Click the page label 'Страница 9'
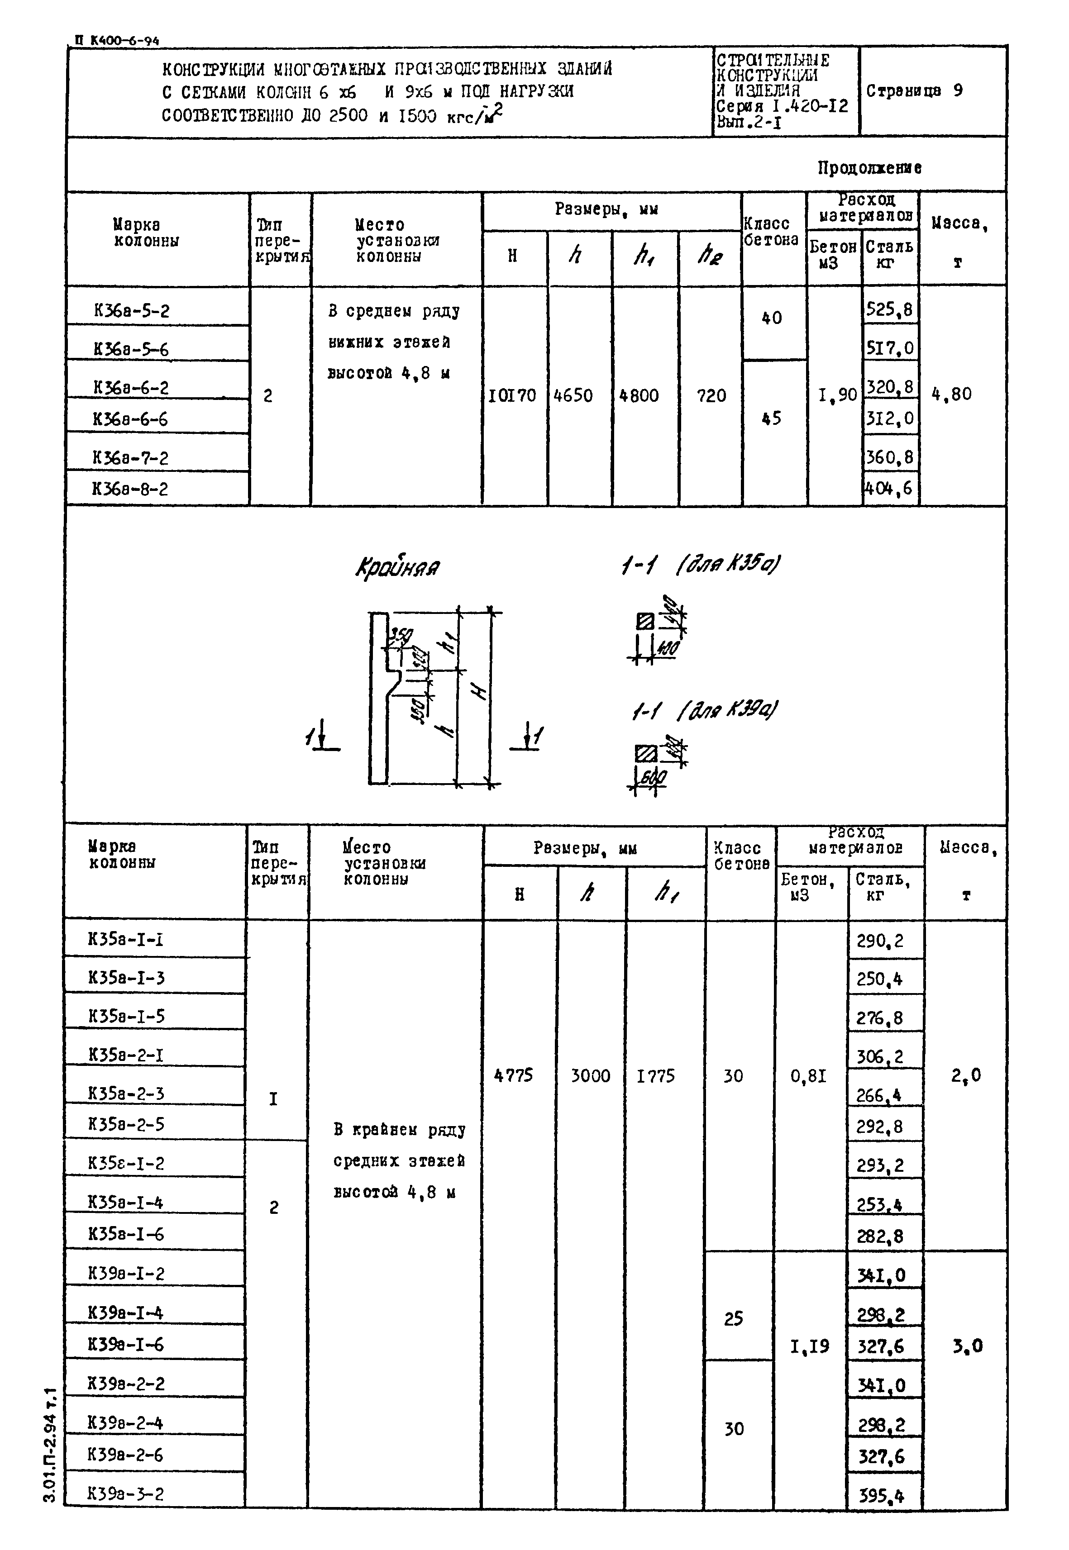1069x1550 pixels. pyautogui.click(x=914, y=91)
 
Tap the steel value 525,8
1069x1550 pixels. pyautogui.click(x=889, y=309)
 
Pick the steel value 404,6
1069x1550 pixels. pyautogui.click(x=889, y=489)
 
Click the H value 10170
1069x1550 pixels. pyautogui.click(x=512, y=396)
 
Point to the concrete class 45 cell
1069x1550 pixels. pyautogui.click(x=772, y=418)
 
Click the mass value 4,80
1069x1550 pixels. pyautogui.click(x=951, y=395)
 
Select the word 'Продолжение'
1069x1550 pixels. pyautogui.click(x=869, y=167)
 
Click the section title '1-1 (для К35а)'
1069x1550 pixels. pyautogui.click(x=700, y=565)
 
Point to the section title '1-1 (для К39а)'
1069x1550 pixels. pyautogui.click(x=705, y=710)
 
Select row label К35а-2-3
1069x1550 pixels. pyautogui.click(x=126, y=1094)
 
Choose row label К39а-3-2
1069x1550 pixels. pyautogui.click(x=125, y=1494)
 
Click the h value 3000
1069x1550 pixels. pyautogui.click(x=590, y=1076)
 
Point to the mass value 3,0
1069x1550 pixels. pyautogui.click(x=967, y=1346)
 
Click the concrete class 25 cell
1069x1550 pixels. pyautogui.click(x=734, y=1318)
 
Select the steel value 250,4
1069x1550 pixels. pyautogui.click(x=879, y=979)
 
